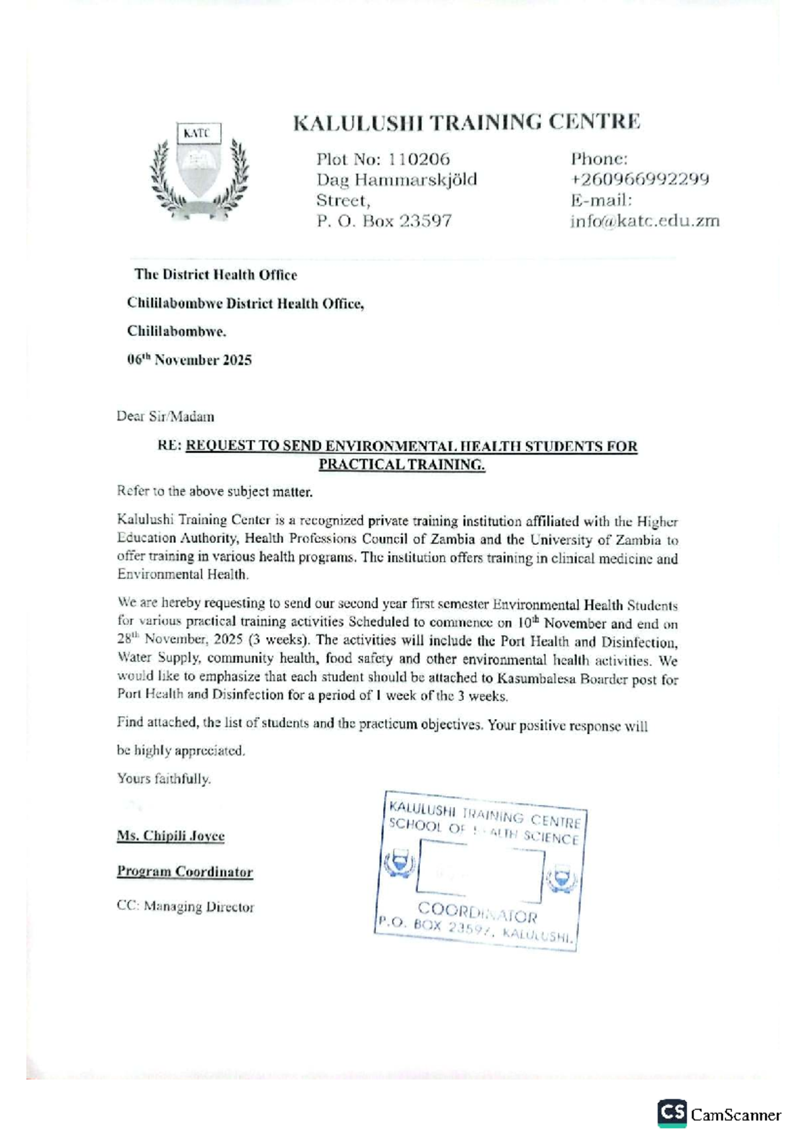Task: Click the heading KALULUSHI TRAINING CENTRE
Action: pyautogui.click(x=467, y=122)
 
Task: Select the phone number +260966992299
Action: pyautogui.click(x=639, y=179)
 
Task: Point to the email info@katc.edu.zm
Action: pyautogui.click(x=645, y=221)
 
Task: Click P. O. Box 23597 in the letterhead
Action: pyautogui.click(x=384, y=221)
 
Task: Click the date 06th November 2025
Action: pyautogui.click(x=189, y=360)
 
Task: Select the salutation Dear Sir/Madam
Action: pyautogui.click(x=165, y=417)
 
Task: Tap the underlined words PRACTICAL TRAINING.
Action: pyautogui.click(x=401, y=464)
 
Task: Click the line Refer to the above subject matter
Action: pyautogui.click(x=214, y=492)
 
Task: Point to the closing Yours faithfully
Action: pyautogui.click(x=164, y=779)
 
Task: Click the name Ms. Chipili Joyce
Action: pyautogui.click(x=171, y=836)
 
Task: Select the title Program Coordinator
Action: pyautogui.click(x=185, y=872)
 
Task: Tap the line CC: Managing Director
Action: pyautogui.click(x=185, y=907)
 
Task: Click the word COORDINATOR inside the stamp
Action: pyautogui.click(x=477, y=913)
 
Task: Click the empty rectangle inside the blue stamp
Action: pyautogui.click(x=480, y=875)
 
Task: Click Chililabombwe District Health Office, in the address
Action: pyautogui.click(x=245, y=304)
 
